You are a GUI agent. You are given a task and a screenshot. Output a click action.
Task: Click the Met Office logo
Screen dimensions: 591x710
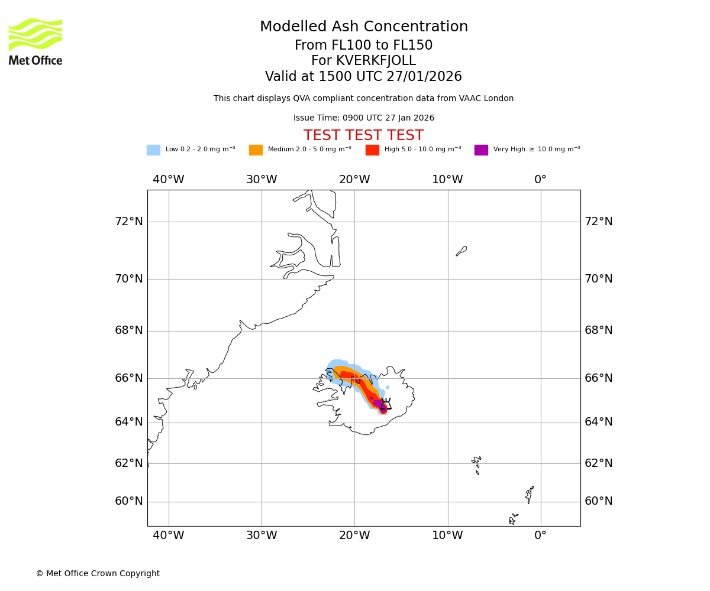point(35,41)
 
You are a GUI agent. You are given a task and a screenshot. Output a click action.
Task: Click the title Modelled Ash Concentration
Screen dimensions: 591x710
point(363,27)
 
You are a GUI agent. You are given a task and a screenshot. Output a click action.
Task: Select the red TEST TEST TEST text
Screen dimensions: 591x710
point(363,136)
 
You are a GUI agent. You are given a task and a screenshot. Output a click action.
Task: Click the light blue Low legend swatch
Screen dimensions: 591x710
point(153,150)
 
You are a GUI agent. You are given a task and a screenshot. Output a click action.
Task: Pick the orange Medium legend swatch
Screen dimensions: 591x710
point(256,150)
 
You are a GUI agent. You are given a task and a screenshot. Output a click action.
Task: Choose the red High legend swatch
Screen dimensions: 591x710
point(372,150)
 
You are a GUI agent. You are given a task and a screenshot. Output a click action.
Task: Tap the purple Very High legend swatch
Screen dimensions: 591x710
point(481,150)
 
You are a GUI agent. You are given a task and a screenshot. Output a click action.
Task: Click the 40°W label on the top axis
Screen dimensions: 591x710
point(169,180)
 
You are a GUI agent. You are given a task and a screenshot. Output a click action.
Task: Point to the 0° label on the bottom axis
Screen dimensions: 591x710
point(540,535)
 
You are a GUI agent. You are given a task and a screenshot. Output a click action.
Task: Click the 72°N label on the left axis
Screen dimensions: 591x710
point(129,222)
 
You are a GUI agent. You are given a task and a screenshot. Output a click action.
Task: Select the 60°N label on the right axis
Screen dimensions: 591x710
point(599,501)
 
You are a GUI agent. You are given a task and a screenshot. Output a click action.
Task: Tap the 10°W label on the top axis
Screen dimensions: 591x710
point(447,180)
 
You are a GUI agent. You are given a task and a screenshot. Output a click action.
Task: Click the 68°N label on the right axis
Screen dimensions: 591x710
point(599,330)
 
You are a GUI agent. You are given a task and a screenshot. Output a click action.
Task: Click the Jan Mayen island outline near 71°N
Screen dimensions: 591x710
point(461,251)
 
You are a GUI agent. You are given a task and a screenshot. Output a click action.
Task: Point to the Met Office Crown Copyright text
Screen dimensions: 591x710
point(98,573)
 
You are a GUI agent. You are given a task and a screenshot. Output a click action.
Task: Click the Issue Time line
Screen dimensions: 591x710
point(363,118)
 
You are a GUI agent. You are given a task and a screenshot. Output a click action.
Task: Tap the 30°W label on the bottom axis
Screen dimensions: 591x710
point(262,535)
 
